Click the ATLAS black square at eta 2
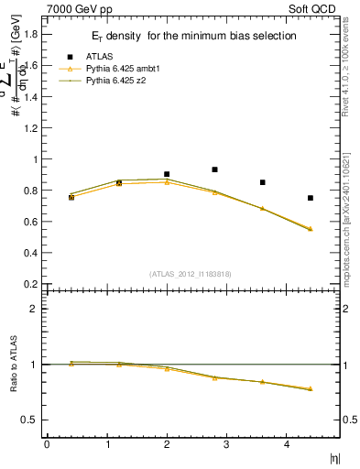(x=167, y=174)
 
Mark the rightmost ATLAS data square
(x=311, y=198)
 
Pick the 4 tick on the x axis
(x=287, y=444)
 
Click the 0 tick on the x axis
(x=47, y=444)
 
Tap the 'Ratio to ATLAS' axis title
(x=12, y=365)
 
